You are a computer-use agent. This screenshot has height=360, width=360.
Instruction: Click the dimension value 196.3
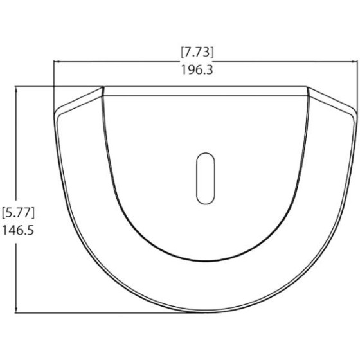(x=197, y=70)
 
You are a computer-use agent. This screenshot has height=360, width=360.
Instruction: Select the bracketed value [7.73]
(x=197, y=51)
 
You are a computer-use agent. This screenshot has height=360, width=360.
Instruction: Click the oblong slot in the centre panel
(x=204, y=179)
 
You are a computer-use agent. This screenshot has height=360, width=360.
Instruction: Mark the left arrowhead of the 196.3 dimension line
(x=56, y=62)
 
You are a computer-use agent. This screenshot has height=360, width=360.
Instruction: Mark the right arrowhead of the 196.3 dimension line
(x=353, y=62)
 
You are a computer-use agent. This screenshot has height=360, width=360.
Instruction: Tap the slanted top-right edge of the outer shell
(x=331, y=98)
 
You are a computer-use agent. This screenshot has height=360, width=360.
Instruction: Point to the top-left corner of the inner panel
(x=103, y=89)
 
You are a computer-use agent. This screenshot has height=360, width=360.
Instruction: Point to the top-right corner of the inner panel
(x=308, y=89)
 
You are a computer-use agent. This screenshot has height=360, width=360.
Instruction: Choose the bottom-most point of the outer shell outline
(x=204, y=314)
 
